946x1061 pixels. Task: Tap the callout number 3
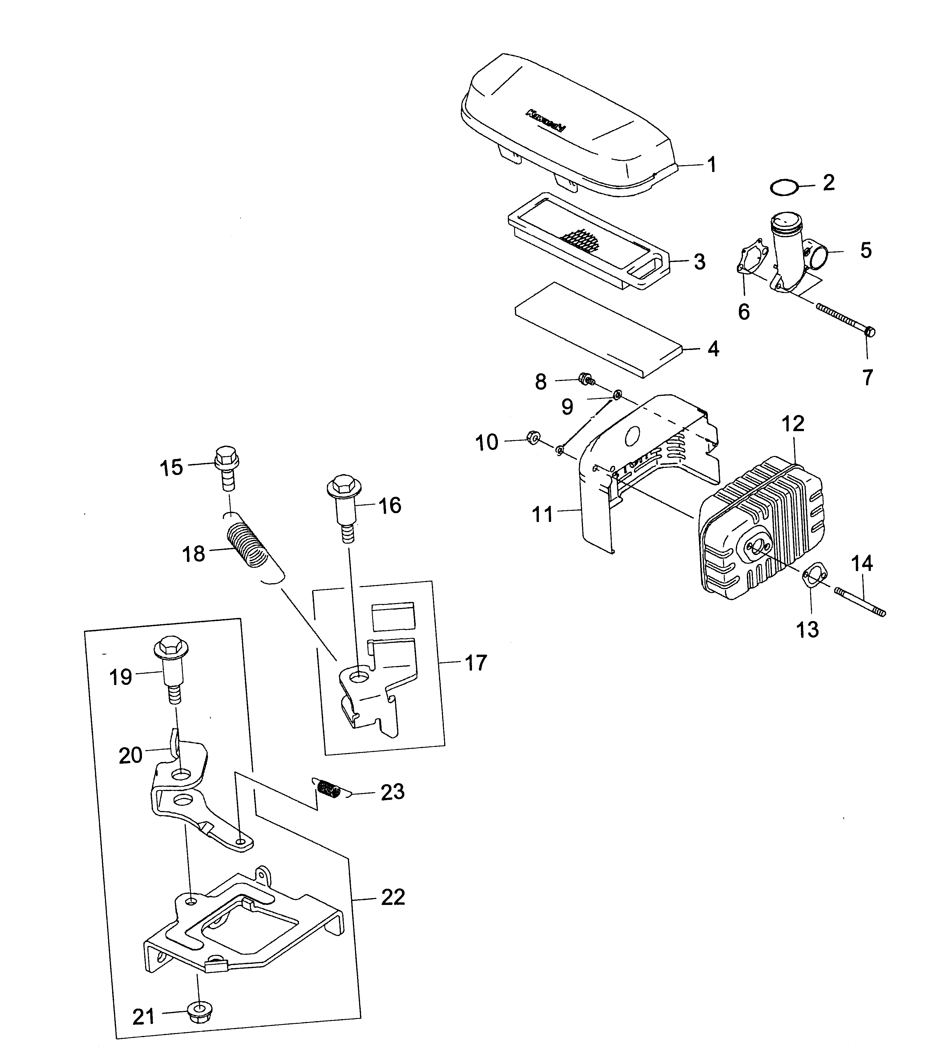[x=700, y=262]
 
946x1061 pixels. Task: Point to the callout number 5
[x=865, y=250]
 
